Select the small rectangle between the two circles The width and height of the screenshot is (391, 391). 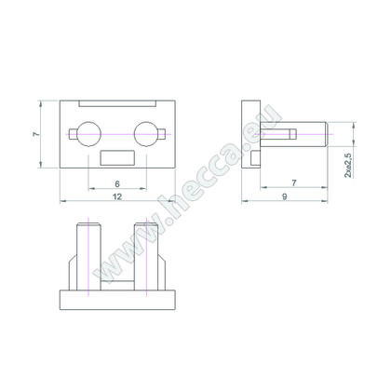(117, 157)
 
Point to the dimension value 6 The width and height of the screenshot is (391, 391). (116, 182)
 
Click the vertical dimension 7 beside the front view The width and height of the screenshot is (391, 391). (35, 135)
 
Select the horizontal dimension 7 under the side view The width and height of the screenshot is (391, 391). (293, 183)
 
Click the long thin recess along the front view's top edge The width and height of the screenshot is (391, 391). (117, 102)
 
